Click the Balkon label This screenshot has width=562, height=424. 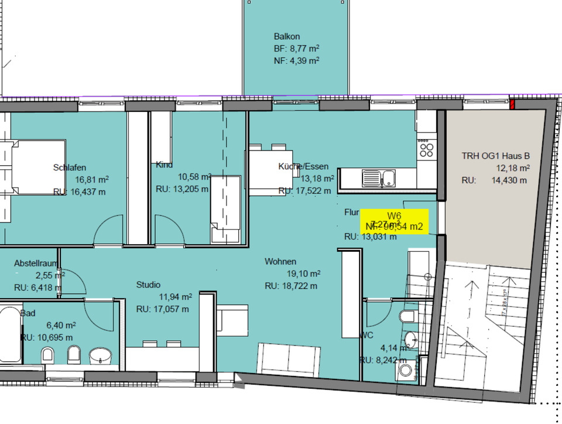[287, 36]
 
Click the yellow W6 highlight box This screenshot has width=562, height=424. [394, 221]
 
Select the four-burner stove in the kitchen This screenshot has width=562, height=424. [426, 150]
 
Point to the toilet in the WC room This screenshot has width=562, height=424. [407, 317]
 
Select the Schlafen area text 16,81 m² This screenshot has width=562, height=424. [92, 180]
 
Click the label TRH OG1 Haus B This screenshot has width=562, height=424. [495, 156]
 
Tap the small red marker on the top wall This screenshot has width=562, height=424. [512, 105]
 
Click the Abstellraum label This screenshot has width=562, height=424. [35, 264]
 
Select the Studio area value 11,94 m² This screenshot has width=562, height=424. [176, 297]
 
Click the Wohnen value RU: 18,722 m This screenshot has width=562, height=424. [291, 286]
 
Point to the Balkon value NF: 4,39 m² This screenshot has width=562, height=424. [296, 60]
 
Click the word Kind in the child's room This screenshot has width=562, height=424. [164, 165]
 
